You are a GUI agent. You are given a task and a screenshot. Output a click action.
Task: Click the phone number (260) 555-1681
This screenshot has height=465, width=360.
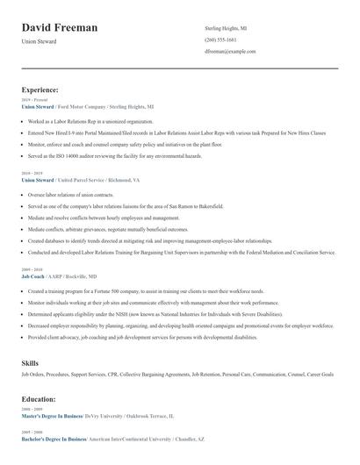coord(220,40)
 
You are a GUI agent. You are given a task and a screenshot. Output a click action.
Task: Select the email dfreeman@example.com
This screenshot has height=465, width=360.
coord(230,52)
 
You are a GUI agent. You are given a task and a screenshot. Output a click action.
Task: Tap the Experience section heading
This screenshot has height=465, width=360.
coord(40,89)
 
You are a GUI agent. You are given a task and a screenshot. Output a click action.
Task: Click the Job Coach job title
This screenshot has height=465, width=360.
coord(32,275)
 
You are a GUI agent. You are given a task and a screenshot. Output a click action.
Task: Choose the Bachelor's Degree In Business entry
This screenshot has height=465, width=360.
coord(54,438)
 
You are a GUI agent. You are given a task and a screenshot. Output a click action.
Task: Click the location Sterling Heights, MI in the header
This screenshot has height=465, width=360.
coord(227,29)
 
